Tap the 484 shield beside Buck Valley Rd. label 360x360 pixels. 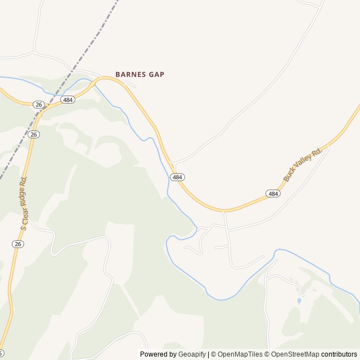coord(273,193)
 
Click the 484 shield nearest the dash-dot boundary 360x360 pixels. coord(68,100)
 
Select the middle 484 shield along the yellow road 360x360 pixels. coord(178,177)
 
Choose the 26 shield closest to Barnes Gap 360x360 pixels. coord(38,105)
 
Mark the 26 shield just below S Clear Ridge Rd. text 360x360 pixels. coord(18,244)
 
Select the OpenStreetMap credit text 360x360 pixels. coord(294,354)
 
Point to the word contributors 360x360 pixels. coord(339,354)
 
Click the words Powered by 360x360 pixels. coord(158,354)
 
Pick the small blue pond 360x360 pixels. coord(299,301)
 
